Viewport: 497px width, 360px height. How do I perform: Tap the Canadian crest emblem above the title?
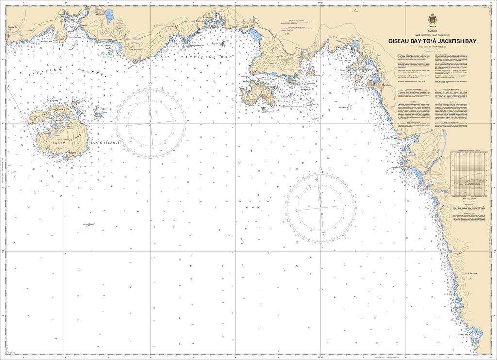[431, 20]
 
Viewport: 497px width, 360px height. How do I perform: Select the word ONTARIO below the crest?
[431, 31]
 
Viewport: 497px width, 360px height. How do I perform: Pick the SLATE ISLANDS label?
[104, 142]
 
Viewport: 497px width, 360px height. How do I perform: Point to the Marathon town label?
[387, 85]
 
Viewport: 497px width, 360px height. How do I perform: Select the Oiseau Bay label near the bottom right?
[463, 335]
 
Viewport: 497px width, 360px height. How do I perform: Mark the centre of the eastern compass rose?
[320, 208]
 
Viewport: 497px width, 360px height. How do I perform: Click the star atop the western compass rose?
[150, 84]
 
